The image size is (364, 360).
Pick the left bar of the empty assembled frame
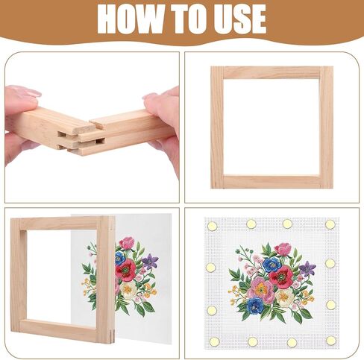tap(216, 127)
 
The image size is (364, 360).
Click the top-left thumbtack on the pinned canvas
tap(212, 225)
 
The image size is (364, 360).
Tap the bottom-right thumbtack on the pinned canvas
tap(330, 340)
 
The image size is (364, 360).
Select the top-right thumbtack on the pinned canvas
tap(330, 224)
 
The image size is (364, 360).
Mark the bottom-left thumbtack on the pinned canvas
tap(213, 341)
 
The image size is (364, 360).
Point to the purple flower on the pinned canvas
tap(307, 268)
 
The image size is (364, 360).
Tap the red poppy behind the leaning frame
tap(125, 269)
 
